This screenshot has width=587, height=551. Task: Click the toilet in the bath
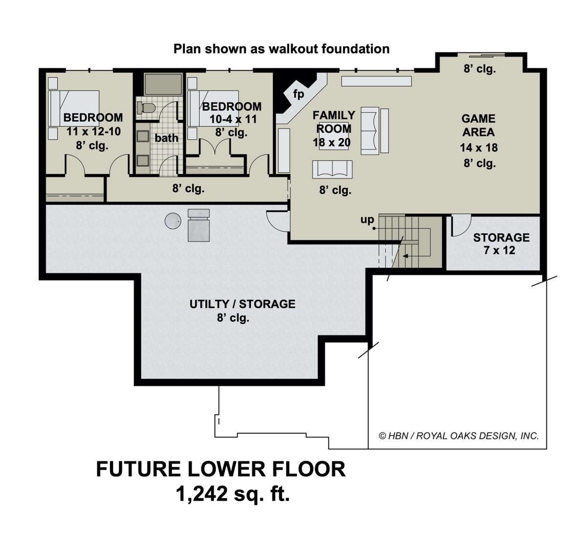pos(146,108)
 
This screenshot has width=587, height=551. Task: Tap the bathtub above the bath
pos(163,84)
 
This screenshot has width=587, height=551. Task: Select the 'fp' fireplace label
pos(298,94)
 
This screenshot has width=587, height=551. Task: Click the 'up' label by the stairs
pos(367,220)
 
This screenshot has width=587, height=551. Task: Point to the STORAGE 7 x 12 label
pos(501,244)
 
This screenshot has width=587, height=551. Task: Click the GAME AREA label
pos(478,125)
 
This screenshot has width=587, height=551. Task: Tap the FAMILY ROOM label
pos(334,122)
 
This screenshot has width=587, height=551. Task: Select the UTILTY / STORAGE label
pos(242,304)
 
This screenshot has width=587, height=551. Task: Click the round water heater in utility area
pos(173,220)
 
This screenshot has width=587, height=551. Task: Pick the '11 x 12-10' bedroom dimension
pos(94,132)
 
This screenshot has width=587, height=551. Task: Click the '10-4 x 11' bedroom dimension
pos(233,119)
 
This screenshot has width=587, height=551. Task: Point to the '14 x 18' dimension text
pos(479,148)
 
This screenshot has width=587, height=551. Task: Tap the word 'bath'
pos(166,138)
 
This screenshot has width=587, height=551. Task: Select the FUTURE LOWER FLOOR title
pos(221,469)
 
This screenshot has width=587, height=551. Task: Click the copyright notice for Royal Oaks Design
pos(459,436)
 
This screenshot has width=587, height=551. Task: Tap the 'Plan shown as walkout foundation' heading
pos(281,49)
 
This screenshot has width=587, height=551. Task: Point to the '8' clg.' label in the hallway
pos(188,189)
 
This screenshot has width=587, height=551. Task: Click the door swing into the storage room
pos(461,226)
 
